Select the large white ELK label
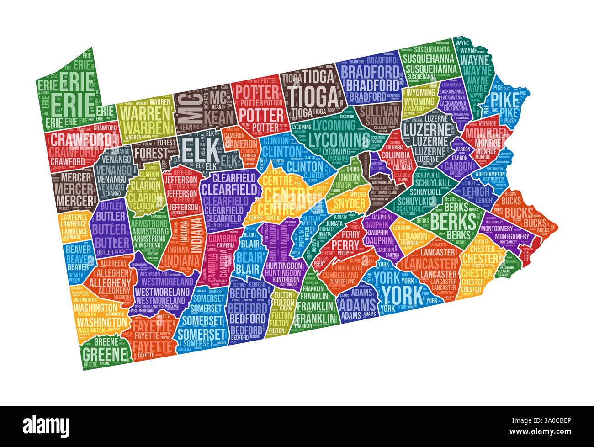pos(197,148)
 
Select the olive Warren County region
pos(144,119)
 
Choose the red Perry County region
pos(345,245)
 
